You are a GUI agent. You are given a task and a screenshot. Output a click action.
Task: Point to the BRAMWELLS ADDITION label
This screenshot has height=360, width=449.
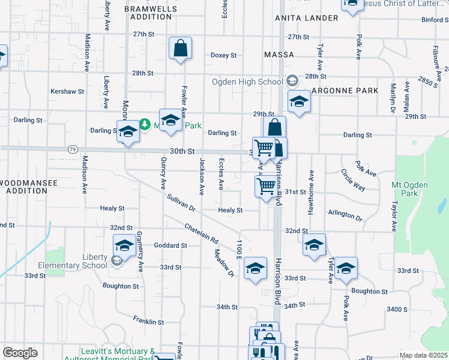pyautogui.click(x=151, y=13)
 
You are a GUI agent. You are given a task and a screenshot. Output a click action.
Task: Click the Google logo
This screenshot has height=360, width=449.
pyautogui.click(x=20, y=352)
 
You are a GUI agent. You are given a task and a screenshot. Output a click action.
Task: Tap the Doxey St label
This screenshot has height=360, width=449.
pyautogui.click(x=223, y=55)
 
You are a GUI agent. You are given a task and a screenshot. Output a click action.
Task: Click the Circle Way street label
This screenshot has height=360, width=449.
pyautogui.click(x=353, y=179)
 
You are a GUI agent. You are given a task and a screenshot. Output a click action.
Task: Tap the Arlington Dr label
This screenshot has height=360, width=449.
pyautogui.click(x=345, y=215)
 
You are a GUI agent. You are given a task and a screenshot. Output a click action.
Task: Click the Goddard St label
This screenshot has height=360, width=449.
pyautogui.click(x=170, y=245)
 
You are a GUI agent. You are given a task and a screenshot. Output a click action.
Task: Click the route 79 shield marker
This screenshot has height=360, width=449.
pyautogui.click(x=72, y=148)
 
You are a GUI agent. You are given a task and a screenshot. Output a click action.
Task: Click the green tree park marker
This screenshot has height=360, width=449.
pyautogui.click(x=144, y=125)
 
